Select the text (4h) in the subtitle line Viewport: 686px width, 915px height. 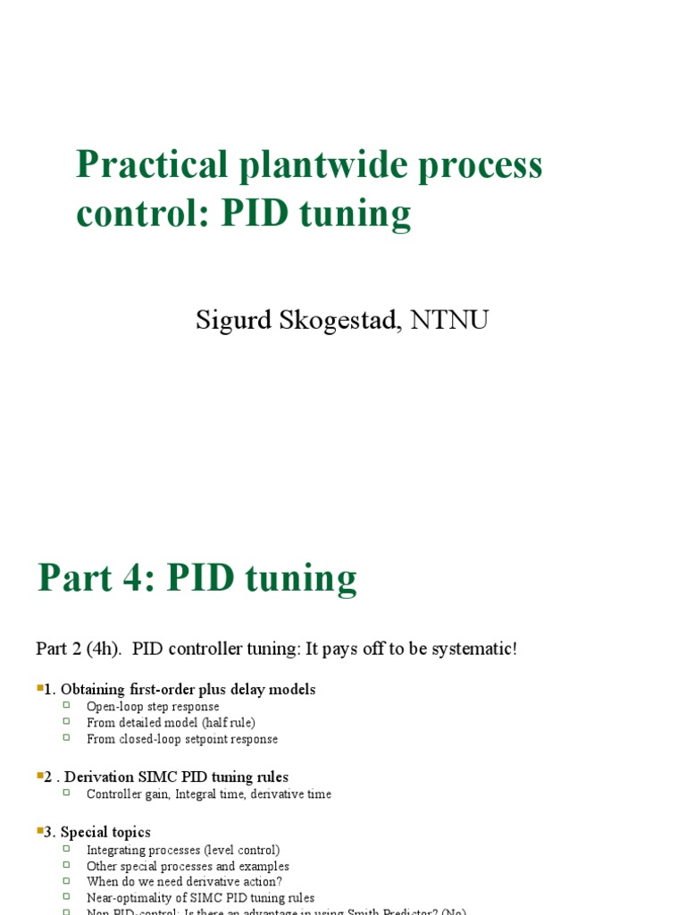pos(103,649)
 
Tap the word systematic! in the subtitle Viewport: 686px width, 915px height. pos(473,649)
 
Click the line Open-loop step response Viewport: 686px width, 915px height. pos(153,707)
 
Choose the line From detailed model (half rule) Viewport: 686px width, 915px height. pos(171,723)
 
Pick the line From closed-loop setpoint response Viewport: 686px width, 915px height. pos(182,739)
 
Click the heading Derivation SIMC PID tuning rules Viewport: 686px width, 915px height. pos(177,777)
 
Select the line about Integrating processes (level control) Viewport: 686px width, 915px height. pos(183,850)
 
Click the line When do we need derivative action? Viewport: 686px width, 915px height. pos(184,882)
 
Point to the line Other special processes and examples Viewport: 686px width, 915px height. pos(188,866)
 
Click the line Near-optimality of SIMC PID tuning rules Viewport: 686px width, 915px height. pos(200,898)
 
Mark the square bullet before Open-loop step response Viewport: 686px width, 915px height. pos(66,706)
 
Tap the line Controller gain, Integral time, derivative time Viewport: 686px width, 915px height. pos(209,794)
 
